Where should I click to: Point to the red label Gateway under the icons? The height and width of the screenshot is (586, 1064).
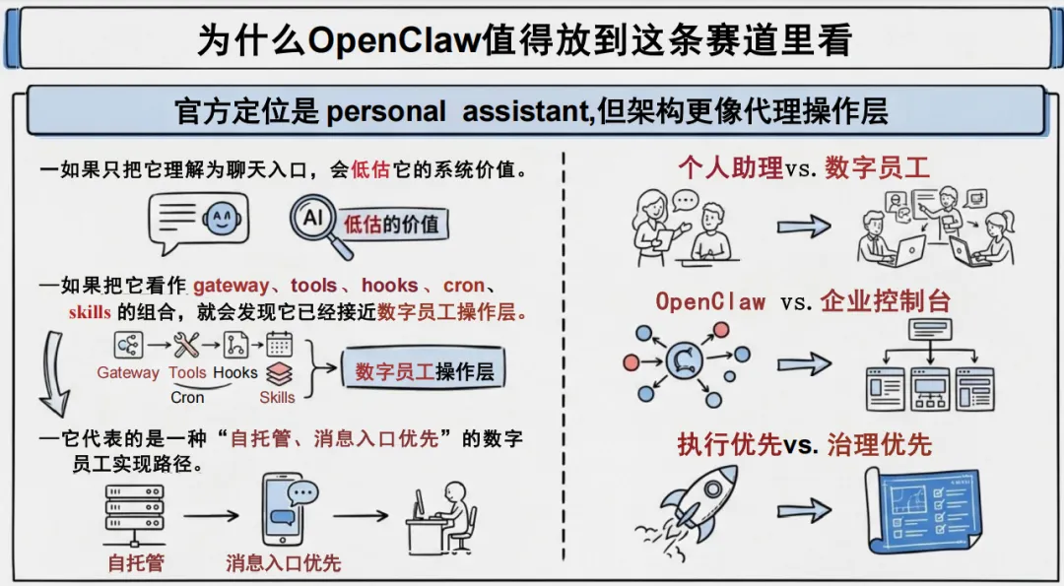[x=127, y=373]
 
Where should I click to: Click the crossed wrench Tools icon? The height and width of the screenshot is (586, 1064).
[x=185, y=345]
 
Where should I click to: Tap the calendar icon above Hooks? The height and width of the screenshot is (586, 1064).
[x=280, y=344]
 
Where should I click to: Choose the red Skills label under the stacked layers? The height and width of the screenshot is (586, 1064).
[x=277, y=398]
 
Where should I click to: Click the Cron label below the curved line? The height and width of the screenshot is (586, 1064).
[x=187, y=398]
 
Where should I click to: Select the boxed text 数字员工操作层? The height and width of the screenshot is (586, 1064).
[x=425, y=372]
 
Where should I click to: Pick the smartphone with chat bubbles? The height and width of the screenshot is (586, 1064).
[x=285, y=512]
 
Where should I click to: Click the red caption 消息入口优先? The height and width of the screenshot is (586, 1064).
[x=283, y=563]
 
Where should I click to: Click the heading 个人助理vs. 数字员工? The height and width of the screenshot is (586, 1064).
[x=803, y=167]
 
